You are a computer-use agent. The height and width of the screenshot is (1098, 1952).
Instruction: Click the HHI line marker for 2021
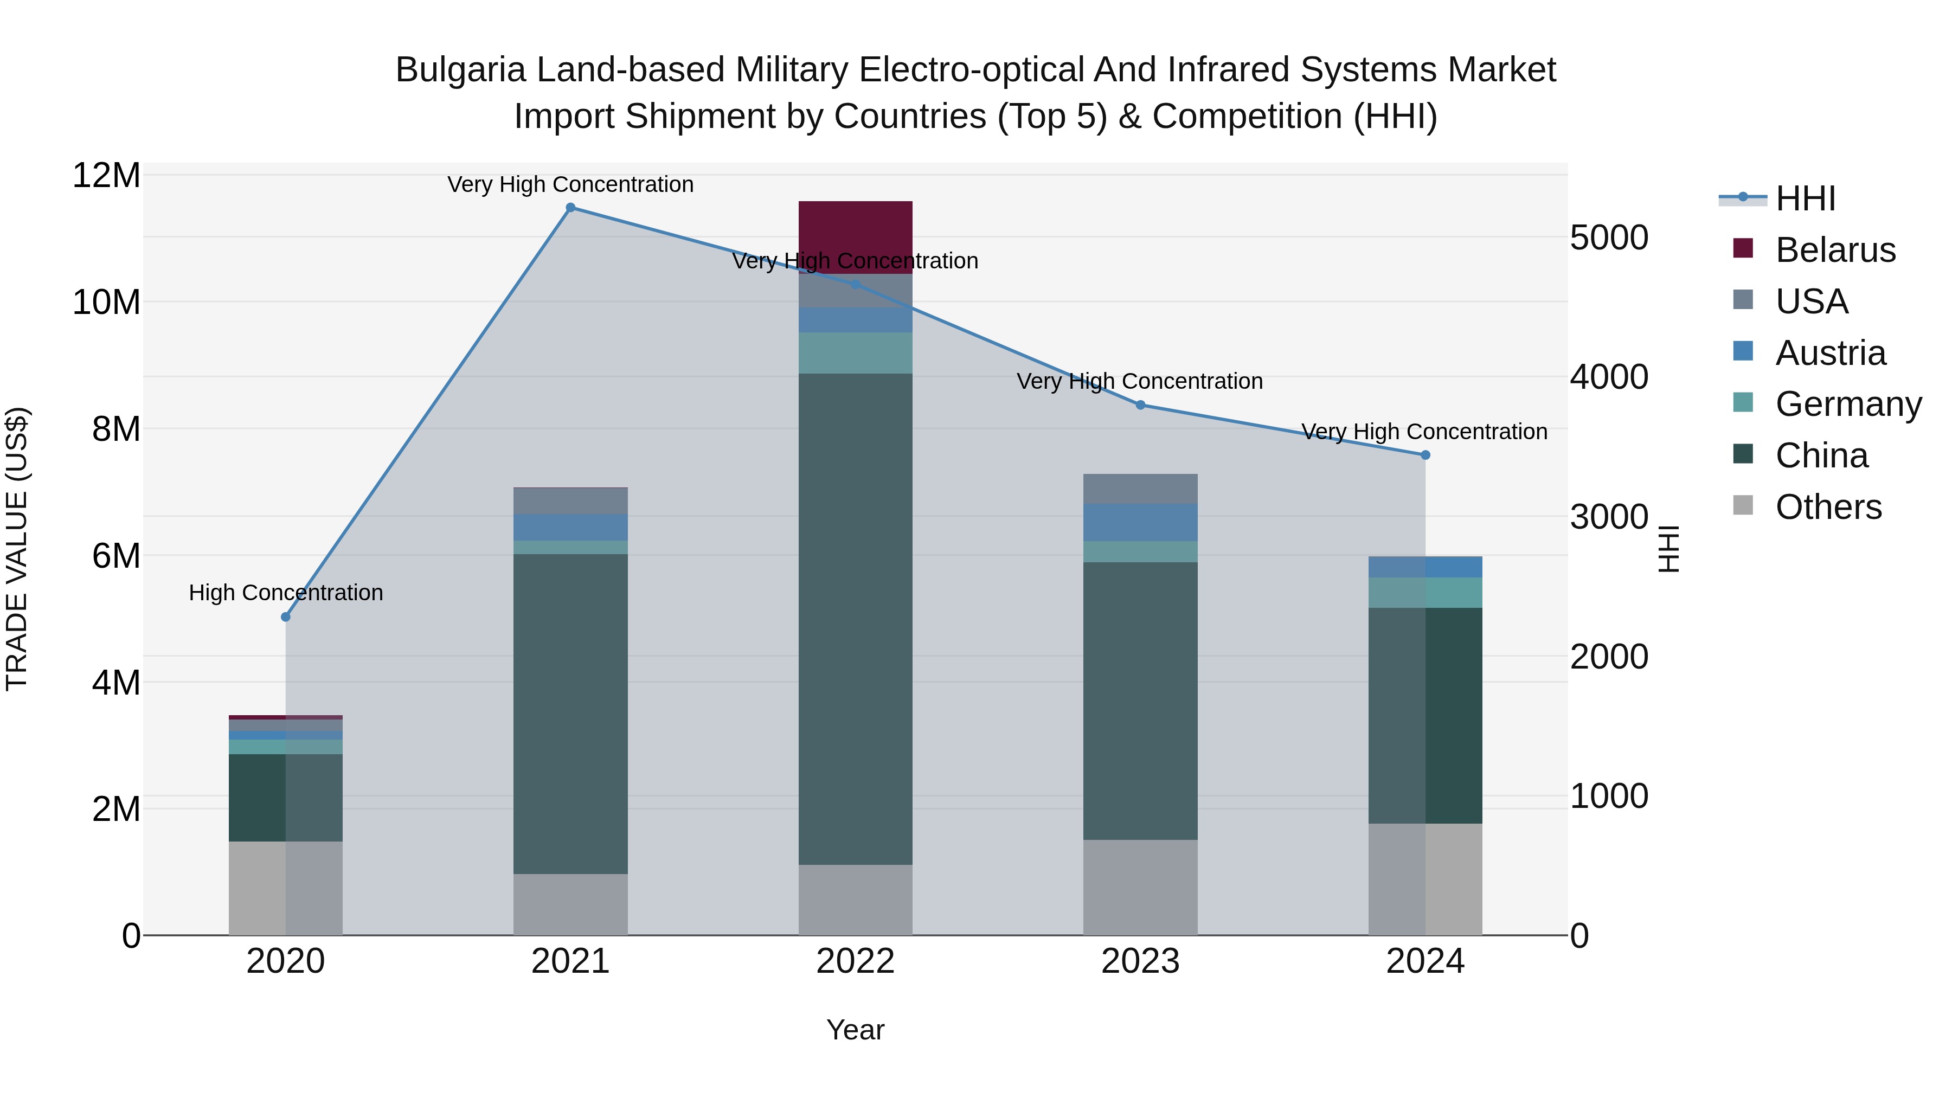click(x=570, y=208)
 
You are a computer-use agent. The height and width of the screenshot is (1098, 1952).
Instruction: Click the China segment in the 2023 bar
click(x=1140, y=701)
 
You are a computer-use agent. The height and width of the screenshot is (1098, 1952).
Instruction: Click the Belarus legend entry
click(x=1834, y=250)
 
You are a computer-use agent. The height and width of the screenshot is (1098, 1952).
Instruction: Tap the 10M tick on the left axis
click(x=106, y=303)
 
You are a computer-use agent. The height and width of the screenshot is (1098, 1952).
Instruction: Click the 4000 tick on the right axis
click(x=1608, y=377)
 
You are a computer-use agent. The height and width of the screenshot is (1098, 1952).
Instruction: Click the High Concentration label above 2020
click(x=286, y=593)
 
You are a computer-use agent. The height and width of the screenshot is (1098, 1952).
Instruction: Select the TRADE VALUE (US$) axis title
click(x=17, y=549)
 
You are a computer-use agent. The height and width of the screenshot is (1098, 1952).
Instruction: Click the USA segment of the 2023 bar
click(x=1140, y=489)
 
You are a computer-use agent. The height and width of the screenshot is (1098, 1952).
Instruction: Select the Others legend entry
click(x=1828, y=507)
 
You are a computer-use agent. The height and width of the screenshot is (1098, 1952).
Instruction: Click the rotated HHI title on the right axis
click(x=1668, y=549)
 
